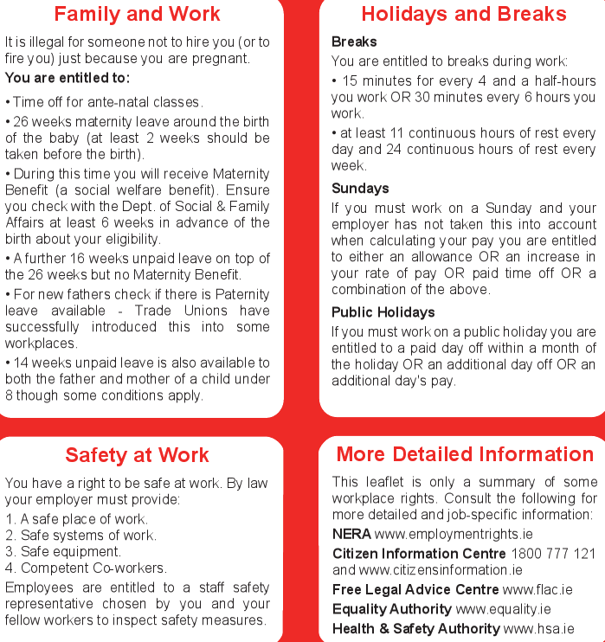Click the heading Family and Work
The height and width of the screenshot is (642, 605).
pyautogui.click(x=137, y=14)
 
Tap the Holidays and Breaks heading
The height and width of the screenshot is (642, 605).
pyautogui.click(x=464, y=14)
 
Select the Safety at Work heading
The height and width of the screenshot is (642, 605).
pyautogui.click(x=137, y=455)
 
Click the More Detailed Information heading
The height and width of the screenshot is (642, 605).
pyautogui.click(x=465, y=455)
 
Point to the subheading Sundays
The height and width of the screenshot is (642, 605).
pyautogui.click(x=360, y=189)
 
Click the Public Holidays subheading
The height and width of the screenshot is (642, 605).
pyautogui.click(x=383, y=312)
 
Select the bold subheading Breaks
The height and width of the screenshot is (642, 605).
pyautogui.click(x=354, y=42)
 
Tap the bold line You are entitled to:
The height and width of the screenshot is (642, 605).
pyautogui.click(x=68, y=79)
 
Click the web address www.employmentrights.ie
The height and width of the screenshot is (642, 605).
pyautogui.click(x=442, y=535)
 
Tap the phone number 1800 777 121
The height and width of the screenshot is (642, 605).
pyautogui.click(x=553, y=554)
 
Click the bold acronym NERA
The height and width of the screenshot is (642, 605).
pyautogui.click(x=351, y=535)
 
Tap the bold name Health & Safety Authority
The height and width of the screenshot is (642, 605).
pyautogui.click(x=415, y=629)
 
